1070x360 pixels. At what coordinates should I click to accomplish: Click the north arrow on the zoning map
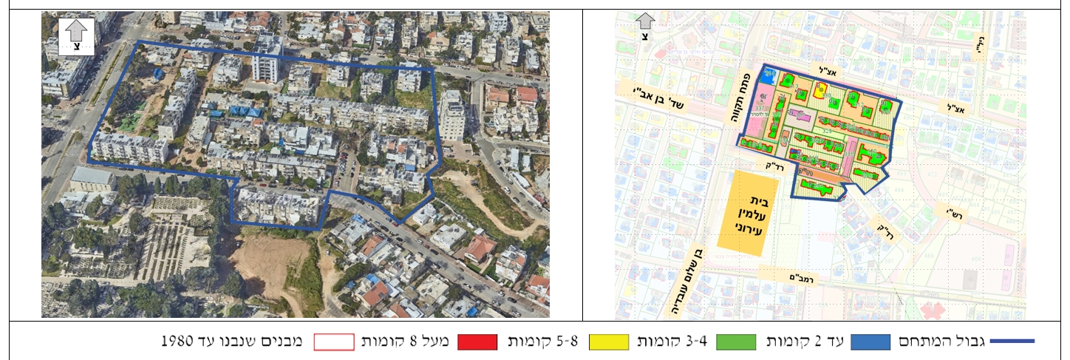645,27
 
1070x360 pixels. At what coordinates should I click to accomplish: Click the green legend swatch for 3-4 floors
729,342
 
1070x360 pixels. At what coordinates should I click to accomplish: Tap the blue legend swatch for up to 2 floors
876,342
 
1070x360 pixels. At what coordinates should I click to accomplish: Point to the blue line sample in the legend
1012,342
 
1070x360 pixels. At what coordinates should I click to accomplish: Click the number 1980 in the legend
177,342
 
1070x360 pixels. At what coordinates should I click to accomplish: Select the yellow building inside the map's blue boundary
819,89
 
